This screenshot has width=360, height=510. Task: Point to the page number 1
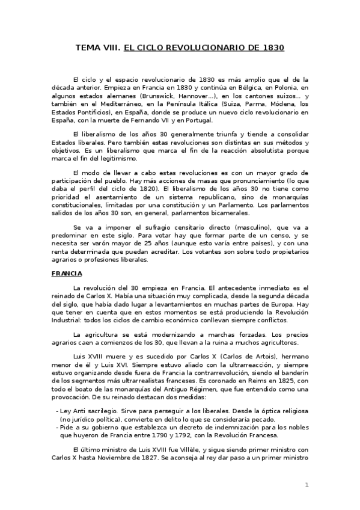[x=307, y=484]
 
